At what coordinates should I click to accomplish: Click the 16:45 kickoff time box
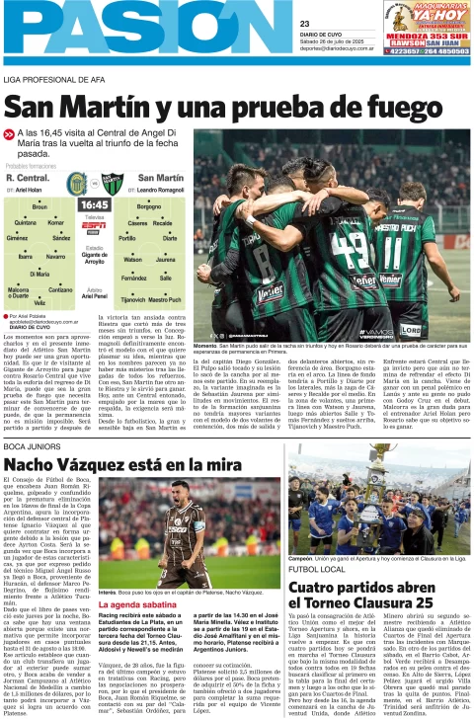pyautogui.click(x=96, y=203)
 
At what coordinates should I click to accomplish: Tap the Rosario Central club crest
pyautogui.click(x=76, y=184)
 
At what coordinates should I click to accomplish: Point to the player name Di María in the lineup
pyautogui.click(x=39, y=274)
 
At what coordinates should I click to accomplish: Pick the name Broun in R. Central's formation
pyautogui.click(x=39, y=207)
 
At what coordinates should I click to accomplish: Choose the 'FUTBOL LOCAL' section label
pyautogui.click(x=289, y=570)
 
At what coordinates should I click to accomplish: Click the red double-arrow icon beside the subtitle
pyautogui.click(x=10, y=132)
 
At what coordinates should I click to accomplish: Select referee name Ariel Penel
pyautogui.click(x=95, y=295)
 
